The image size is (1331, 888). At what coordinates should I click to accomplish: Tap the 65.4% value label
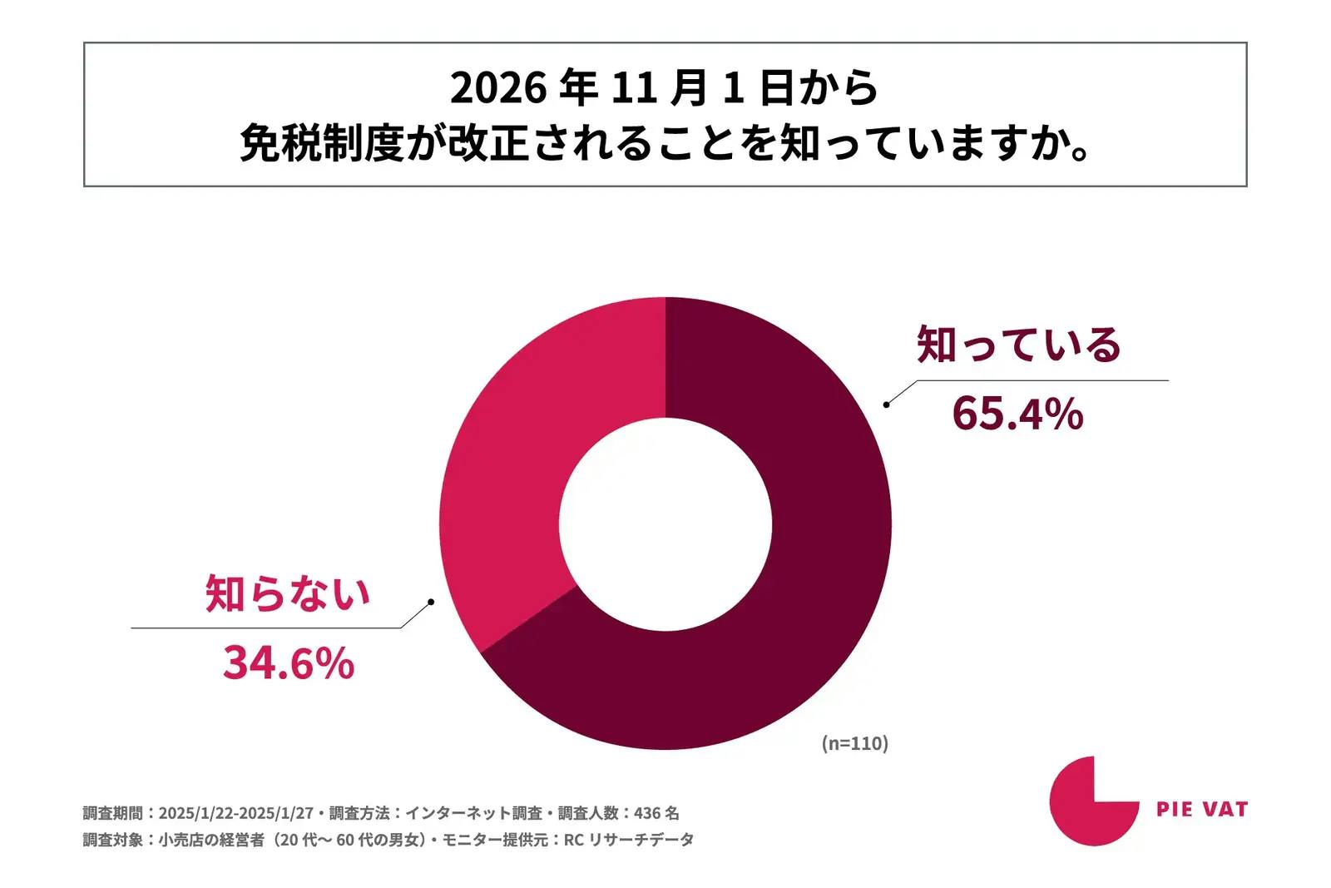point(1017,414)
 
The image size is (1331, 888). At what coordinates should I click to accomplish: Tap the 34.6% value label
point(288,663)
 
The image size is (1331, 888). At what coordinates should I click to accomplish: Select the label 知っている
point(1019,345)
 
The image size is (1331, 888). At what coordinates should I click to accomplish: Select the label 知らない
point(288,594)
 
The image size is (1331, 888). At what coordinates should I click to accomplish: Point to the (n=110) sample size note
point(855,743)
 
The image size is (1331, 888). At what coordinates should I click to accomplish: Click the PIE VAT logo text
point(1202,809)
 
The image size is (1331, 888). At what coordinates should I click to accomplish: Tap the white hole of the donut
point(665,525)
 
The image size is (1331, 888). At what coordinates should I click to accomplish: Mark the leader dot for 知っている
point(887,404)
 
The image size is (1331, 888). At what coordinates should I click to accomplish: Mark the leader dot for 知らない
point(430,601)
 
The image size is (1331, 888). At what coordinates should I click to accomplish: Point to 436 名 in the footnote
point(656,813)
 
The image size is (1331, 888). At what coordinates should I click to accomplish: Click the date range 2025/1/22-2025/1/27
point(235,813)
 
